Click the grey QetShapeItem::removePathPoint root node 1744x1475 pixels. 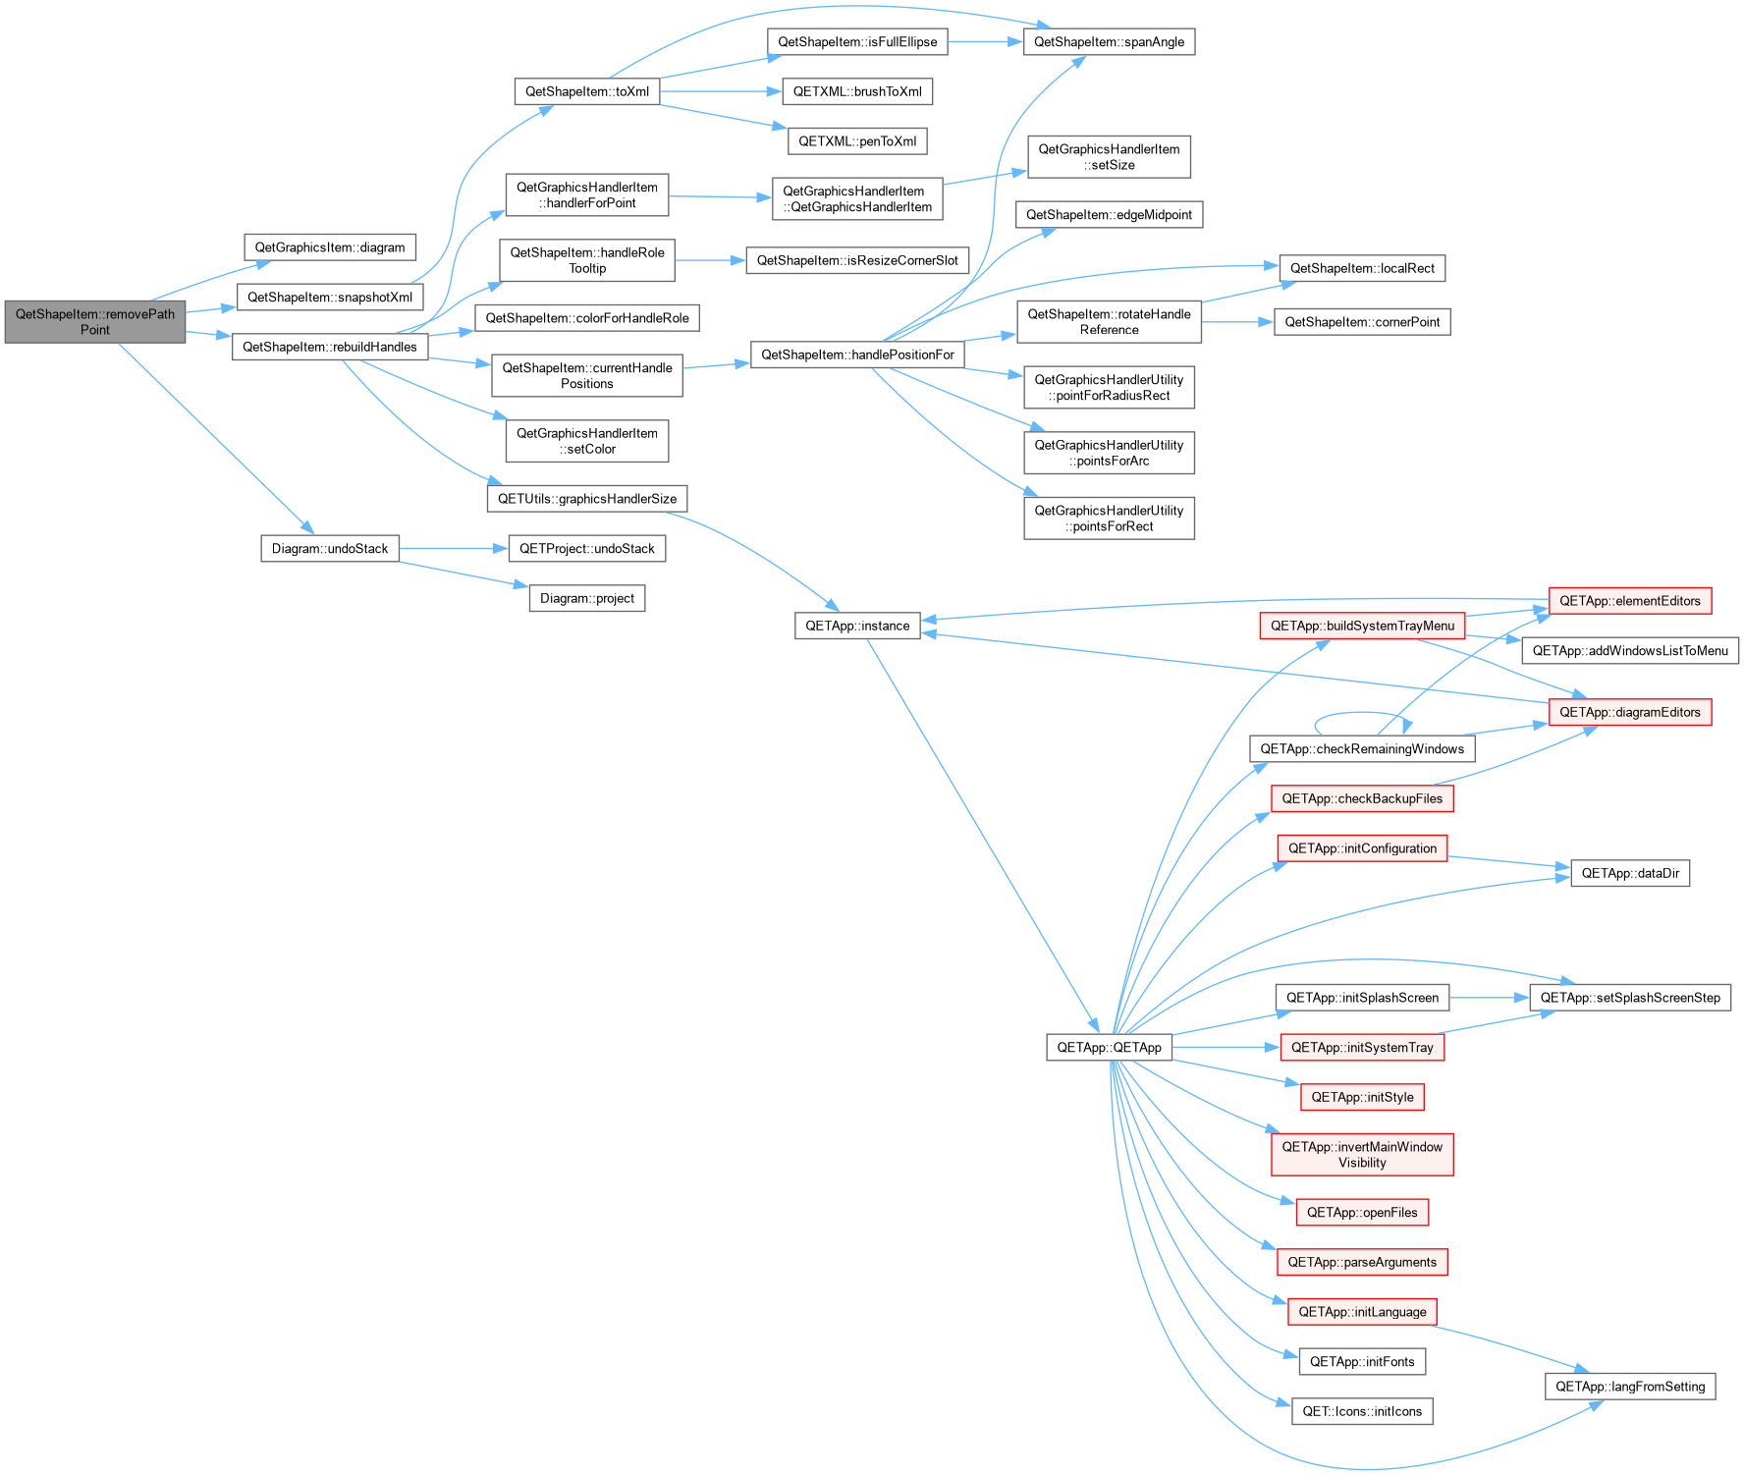(95, 322)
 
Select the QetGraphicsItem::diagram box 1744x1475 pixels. (330, 247)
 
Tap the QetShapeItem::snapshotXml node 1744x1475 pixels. (330, 298)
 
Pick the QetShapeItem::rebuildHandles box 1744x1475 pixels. (330, 347)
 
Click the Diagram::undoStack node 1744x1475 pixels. (330, 549)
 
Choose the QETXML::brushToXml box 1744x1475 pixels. (857, 91)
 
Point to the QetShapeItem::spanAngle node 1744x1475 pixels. (1110, 41)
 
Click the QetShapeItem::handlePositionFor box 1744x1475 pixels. (857, 355)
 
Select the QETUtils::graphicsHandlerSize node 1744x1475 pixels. (587, 499)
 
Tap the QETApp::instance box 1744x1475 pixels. (857, 626)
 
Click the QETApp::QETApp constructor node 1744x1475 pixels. (1110, 1048)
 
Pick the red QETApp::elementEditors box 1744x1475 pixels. (1630, 601)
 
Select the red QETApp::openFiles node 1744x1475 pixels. (1362, 1213)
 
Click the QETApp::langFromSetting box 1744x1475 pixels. (1630, 1387)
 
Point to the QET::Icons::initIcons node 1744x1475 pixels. (1362, 1411)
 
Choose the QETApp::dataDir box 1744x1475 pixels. (1630, 873)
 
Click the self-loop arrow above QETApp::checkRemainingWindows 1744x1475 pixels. (1362, 713)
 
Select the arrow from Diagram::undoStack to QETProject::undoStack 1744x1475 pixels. (454, 549)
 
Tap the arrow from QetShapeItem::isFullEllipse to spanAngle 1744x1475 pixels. (985, 41)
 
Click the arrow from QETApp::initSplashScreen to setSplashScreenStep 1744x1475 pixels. (1490, 998)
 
